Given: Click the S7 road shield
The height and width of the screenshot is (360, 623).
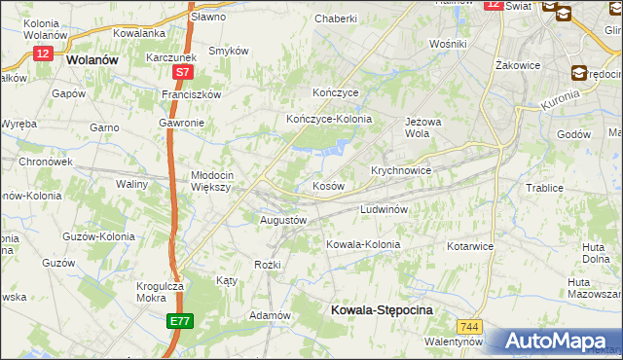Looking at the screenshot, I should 182,73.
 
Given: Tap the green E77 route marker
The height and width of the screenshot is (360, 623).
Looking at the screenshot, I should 179,321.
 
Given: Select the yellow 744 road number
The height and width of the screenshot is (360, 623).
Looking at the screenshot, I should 471,326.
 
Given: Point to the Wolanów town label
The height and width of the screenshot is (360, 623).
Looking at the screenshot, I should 92,58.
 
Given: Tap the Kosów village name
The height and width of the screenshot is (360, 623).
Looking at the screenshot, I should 327,185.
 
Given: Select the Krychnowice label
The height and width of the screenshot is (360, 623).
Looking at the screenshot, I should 401,169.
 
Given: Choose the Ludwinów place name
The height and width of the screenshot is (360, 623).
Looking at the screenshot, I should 389,209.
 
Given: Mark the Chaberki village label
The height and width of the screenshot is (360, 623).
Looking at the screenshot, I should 336,18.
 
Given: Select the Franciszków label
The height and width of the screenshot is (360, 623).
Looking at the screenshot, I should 192,95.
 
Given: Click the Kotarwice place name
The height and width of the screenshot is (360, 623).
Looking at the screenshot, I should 470,246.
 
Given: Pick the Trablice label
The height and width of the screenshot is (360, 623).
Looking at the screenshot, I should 544,188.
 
